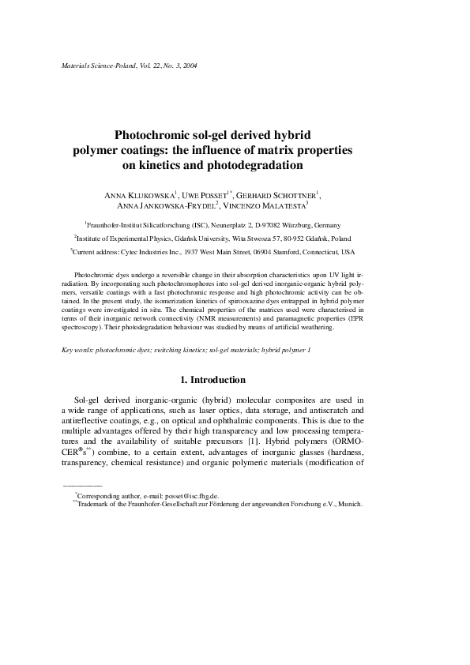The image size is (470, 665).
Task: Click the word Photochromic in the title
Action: (x=152, y=136)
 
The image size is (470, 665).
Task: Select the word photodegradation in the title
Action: (x=257, y=166)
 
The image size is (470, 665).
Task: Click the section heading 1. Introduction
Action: (x=235, y=380)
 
